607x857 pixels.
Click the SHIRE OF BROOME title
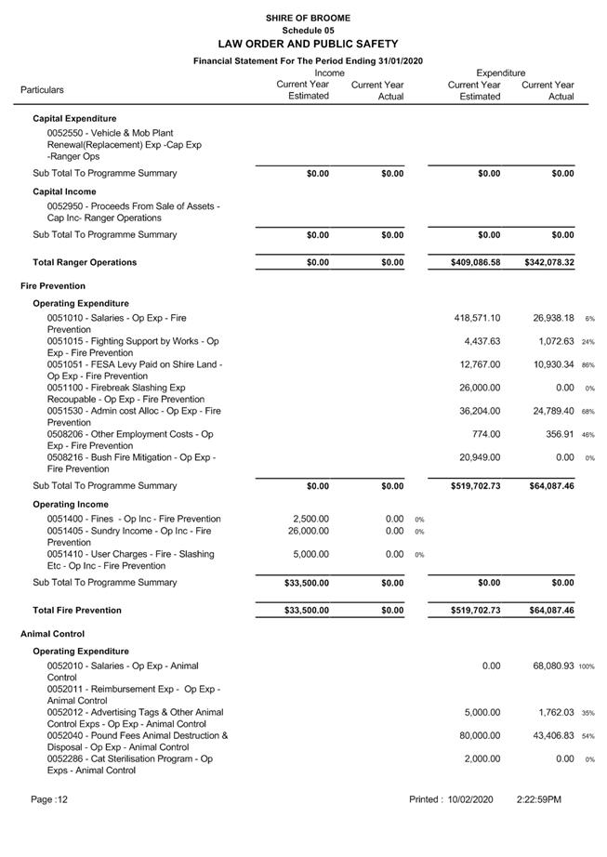(x=308, y=18)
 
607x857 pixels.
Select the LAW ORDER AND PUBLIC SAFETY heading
(x=308, y=44)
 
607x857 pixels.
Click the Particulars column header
(x=42, y=90)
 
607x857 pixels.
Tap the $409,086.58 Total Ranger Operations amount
(x=476, y=263)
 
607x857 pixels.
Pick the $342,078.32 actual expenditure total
(x=548, y=263)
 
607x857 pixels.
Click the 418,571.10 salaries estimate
(x=476, y=318)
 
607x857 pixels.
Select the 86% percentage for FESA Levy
(x=588, y=365)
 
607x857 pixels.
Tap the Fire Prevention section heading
(x=53, y=286)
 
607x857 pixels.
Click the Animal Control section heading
(x=52, y=634)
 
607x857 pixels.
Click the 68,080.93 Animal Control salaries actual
(x=549, y=666)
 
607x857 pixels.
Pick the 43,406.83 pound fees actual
(x=549, y=735)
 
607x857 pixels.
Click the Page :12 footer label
(x=49, y=799)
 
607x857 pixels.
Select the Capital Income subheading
(x=64, y=191)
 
